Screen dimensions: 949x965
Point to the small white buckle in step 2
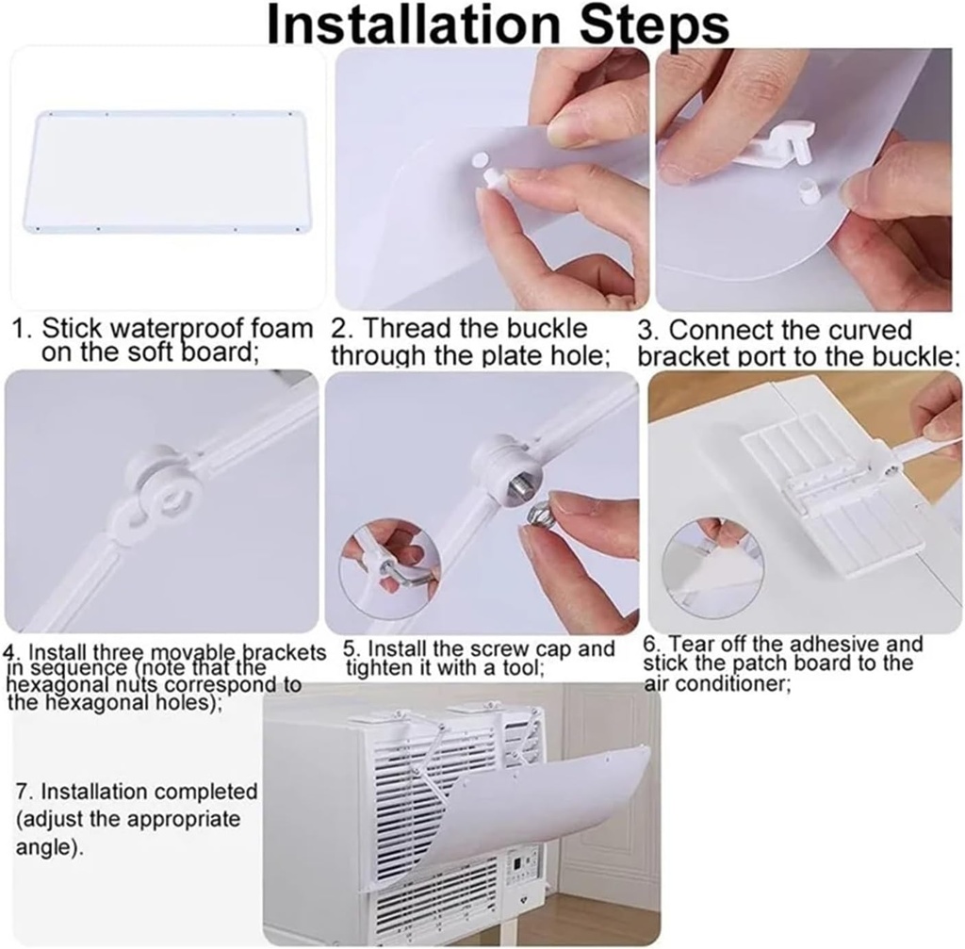tap(491, 177)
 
